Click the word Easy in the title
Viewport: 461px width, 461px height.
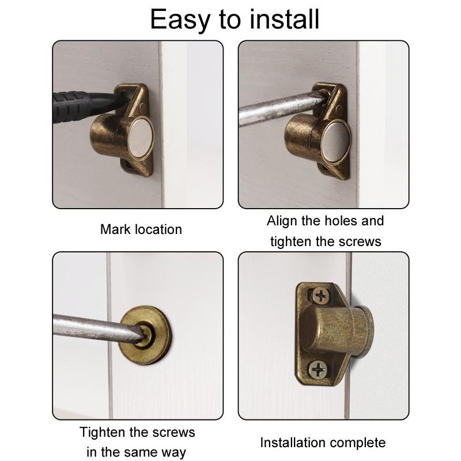179,20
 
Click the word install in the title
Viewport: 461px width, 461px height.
285,20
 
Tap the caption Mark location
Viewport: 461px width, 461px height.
141,229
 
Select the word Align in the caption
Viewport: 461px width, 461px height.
282,221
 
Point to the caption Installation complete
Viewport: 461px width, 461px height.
323,443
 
